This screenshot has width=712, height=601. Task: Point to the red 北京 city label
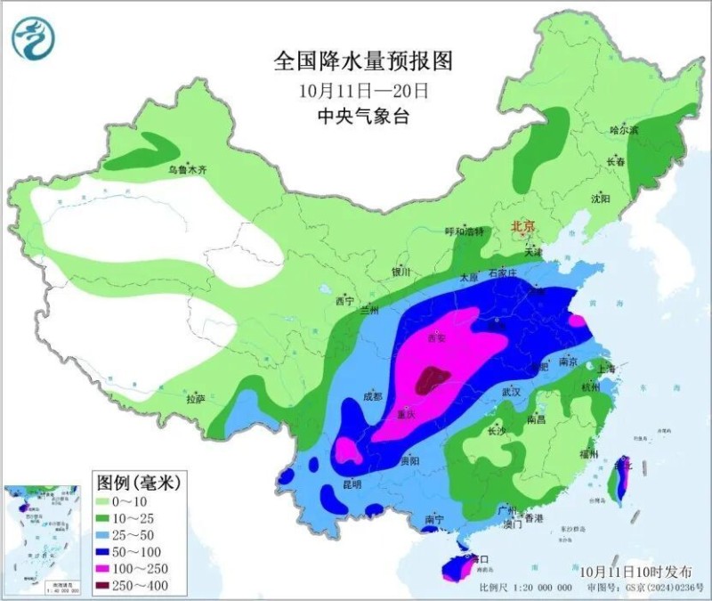click(522, 227)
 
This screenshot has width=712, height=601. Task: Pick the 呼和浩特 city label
click(464, 231)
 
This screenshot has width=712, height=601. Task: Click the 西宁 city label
click(344, 302)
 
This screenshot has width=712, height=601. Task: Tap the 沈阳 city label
click(601, 199)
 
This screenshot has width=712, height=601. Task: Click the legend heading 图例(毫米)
click(138, 483)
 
